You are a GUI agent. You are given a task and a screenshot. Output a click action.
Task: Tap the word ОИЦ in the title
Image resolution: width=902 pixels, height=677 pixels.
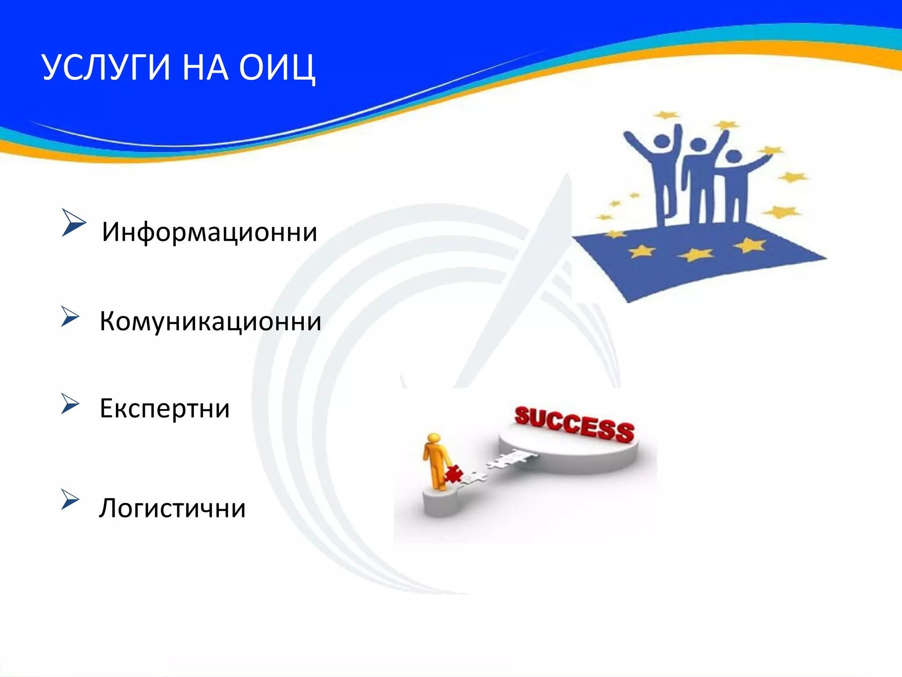[x=277, y=68]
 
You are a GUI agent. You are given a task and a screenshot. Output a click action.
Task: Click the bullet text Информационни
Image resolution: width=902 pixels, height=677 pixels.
[x=209, y=232]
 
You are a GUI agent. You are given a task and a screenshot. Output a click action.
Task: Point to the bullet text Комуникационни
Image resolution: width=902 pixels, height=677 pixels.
[x=210, y=321]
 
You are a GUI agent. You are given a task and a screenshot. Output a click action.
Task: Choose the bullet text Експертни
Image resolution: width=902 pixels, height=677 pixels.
[x=164, y=408]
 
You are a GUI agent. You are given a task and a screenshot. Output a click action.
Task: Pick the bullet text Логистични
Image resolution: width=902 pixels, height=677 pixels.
[x=172, y=508]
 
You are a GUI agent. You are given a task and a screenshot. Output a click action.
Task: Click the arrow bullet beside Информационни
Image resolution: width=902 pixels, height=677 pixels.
[x=73, y=222]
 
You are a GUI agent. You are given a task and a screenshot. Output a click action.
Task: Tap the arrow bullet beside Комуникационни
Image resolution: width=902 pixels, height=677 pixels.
[x=70, y=316]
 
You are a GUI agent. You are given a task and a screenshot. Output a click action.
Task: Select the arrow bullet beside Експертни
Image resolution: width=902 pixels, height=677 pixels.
[x=70, y=404]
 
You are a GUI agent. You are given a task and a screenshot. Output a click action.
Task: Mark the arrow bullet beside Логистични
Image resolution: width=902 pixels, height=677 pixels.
[x=70, y=499]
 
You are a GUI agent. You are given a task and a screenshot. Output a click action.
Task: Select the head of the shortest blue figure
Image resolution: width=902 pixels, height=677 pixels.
[x=734, y=156]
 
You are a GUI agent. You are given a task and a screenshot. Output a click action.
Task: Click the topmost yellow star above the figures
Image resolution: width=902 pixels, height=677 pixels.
[x=666, y=115]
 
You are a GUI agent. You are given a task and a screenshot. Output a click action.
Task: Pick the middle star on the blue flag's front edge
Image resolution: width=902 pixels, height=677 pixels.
[x=695, y=254]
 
